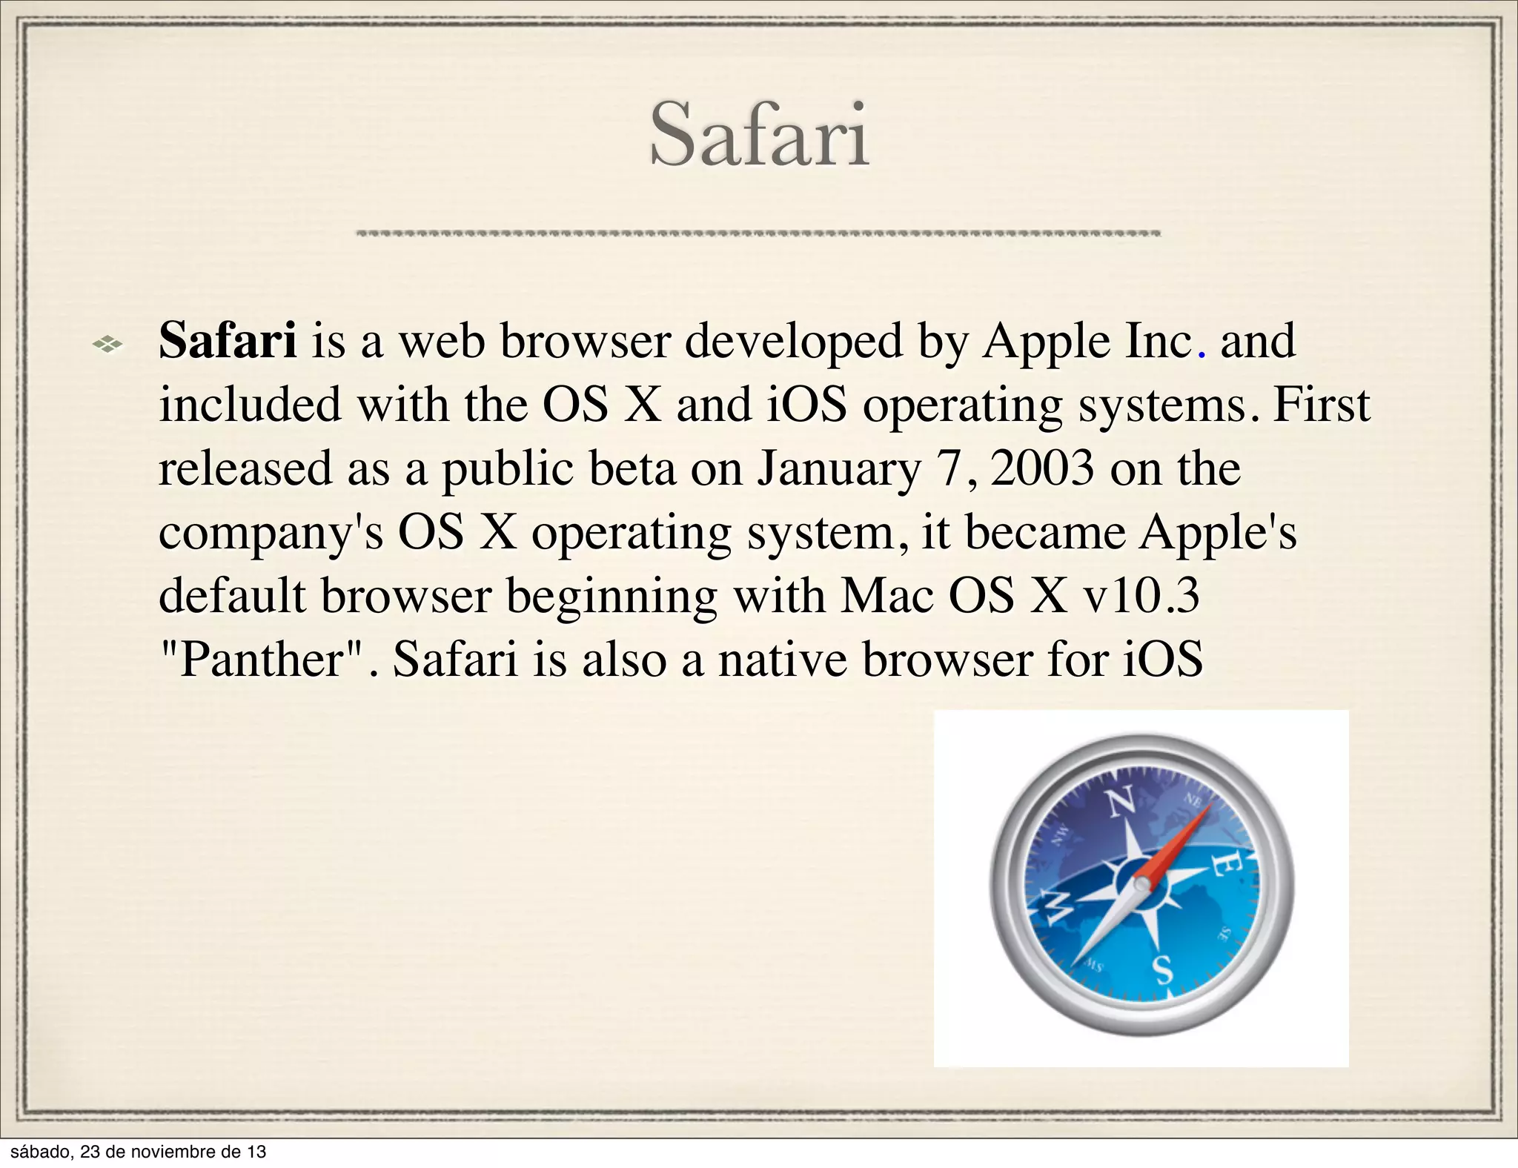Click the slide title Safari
759,136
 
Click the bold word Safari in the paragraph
228,341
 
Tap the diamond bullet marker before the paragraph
107,343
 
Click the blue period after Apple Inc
1202,354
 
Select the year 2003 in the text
1041,468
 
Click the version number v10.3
1141,596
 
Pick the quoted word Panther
262,659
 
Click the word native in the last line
782,659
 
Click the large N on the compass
1120,802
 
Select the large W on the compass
1058,907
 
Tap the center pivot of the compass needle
1142,884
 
